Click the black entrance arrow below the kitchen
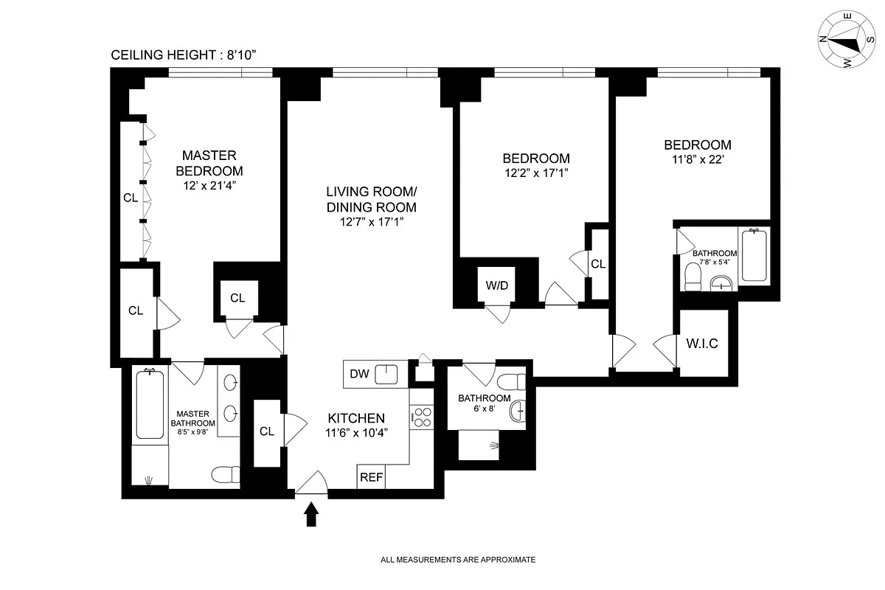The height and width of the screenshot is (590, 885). click(311, 514)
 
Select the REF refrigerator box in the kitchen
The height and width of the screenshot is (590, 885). click(371, 477)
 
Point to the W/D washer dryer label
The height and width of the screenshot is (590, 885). click(496, 285)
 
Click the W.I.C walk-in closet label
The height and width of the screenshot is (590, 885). click(701, 344)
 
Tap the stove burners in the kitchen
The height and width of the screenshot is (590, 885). click(421, 418)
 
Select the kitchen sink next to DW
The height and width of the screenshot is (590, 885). click(386, 375)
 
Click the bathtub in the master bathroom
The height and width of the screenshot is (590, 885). click(150, 406)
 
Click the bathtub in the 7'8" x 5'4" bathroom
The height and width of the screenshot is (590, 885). click(754, 256)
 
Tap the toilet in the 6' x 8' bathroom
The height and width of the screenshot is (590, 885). click(511, 382)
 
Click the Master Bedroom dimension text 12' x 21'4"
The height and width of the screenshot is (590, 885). click(209, 187)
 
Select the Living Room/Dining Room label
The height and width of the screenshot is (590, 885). click(371, 199)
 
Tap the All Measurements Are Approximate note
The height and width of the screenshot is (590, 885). click(457, 560)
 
